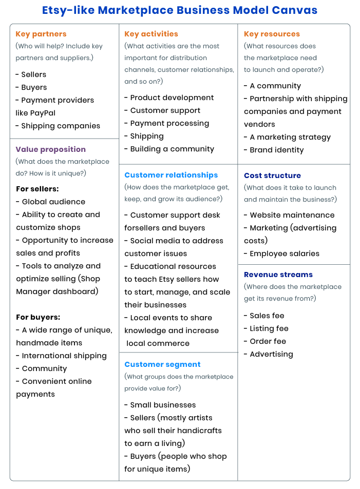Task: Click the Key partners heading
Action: [x=41, y=34]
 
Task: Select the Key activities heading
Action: [x=151, y=34]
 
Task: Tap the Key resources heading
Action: [x=272, y=34]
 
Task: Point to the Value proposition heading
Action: [x=51, y=149]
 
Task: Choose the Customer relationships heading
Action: [x=171, y=175]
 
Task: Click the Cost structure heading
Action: [x=272, y=175]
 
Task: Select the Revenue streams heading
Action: [x=278, y=275]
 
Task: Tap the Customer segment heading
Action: [x=162, y=364]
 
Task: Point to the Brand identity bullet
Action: [x=276, y=150]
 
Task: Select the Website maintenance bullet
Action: [x=292, y=215]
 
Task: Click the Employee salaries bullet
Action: [x=284, y=253]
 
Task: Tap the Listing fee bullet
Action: [x=269, y=328]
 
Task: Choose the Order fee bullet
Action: [x=268, y=341]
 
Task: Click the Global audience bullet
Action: [x=53, y=202]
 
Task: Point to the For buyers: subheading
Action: [x=38, y=317]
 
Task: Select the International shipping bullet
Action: [x=64, y=356]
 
